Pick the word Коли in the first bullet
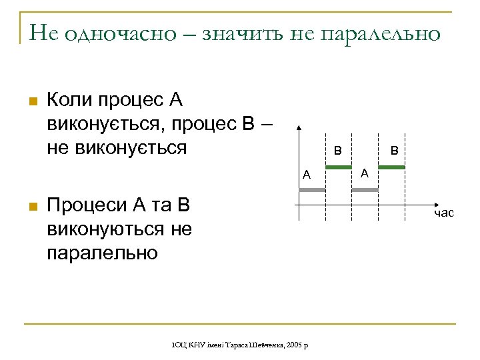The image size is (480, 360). [71, 101]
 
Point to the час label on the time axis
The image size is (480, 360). [443, 213]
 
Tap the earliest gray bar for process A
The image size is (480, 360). [312, 191]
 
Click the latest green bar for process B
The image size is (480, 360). [392, 167]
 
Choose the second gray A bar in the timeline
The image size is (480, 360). [365, 191]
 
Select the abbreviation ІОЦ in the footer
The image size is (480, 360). [179, 345]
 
